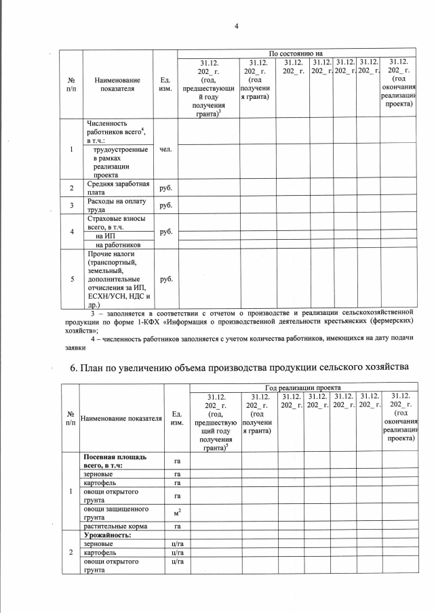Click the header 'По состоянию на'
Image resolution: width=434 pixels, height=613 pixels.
click(295, 53)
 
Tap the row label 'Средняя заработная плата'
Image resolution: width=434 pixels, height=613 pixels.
click(113, 188)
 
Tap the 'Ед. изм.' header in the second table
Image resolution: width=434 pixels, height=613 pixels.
click(176, 419)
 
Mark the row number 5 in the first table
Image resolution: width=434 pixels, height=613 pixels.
click(71, 278)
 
